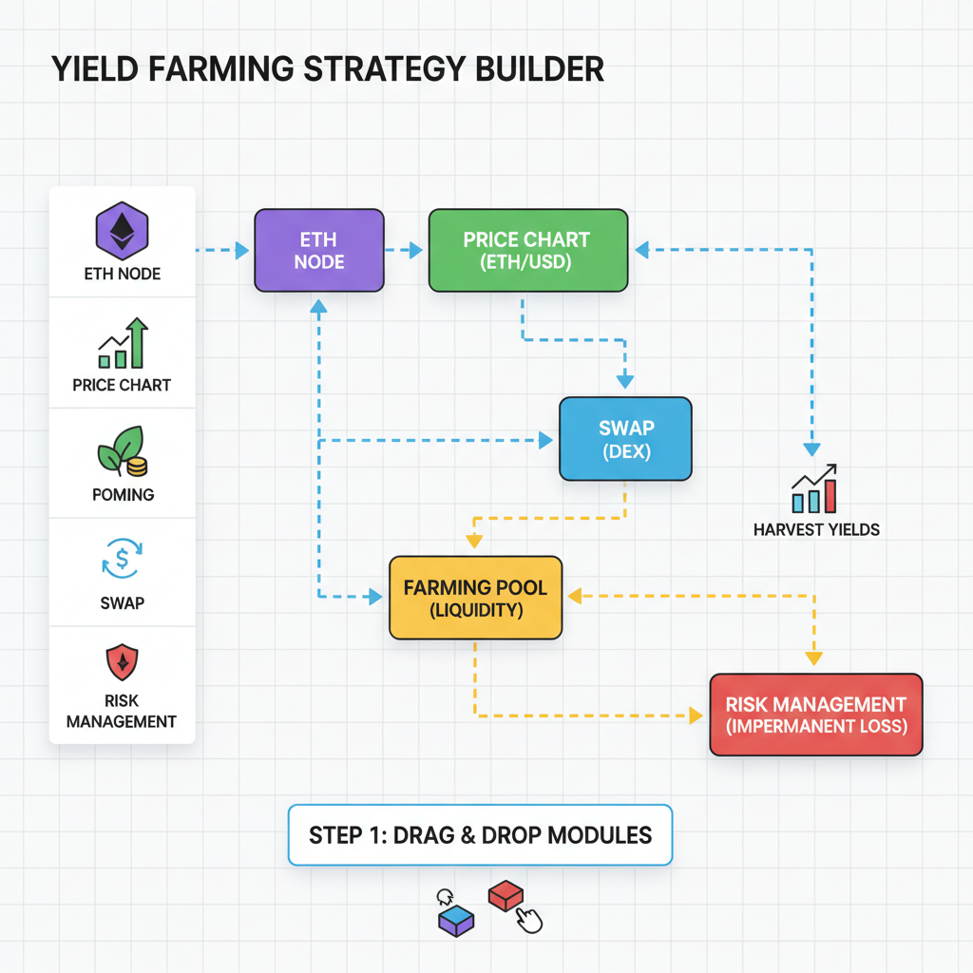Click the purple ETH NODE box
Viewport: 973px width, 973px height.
click(x=318, y=250)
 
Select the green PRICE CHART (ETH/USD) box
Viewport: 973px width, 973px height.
click(x=527, y=250)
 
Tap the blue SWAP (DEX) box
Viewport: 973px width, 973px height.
click(x=625, y=438)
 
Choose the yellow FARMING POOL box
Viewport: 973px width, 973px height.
click(x=475, y=598)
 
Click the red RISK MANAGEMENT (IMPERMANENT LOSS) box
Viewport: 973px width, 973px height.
click(x=815, y=715)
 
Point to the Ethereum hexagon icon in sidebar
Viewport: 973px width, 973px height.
click(x=122, y=230)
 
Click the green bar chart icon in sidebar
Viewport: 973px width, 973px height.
click(x=122, y=344)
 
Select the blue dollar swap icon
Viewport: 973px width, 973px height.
click(x=122, y=560)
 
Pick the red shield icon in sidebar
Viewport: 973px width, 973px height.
click(x=122, y=661)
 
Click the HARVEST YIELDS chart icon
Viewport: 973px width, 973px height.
click(x=814, y=489)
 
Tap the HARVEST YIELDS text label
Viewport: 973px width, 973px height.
click(x=816, y=529)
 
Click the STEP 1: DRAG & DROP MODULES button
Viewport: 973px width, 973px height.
click(x=480, y=835)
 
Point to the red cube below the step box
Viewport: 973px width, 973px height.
click(x=506, y=895)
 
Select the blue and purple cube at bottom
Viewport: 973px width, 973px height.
click(x=455, y=920)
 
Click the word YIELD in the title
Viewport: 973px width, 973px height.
click(x=94, y=70)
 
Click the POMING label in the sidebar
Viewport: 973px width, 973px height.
click(x=123, y=494)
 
